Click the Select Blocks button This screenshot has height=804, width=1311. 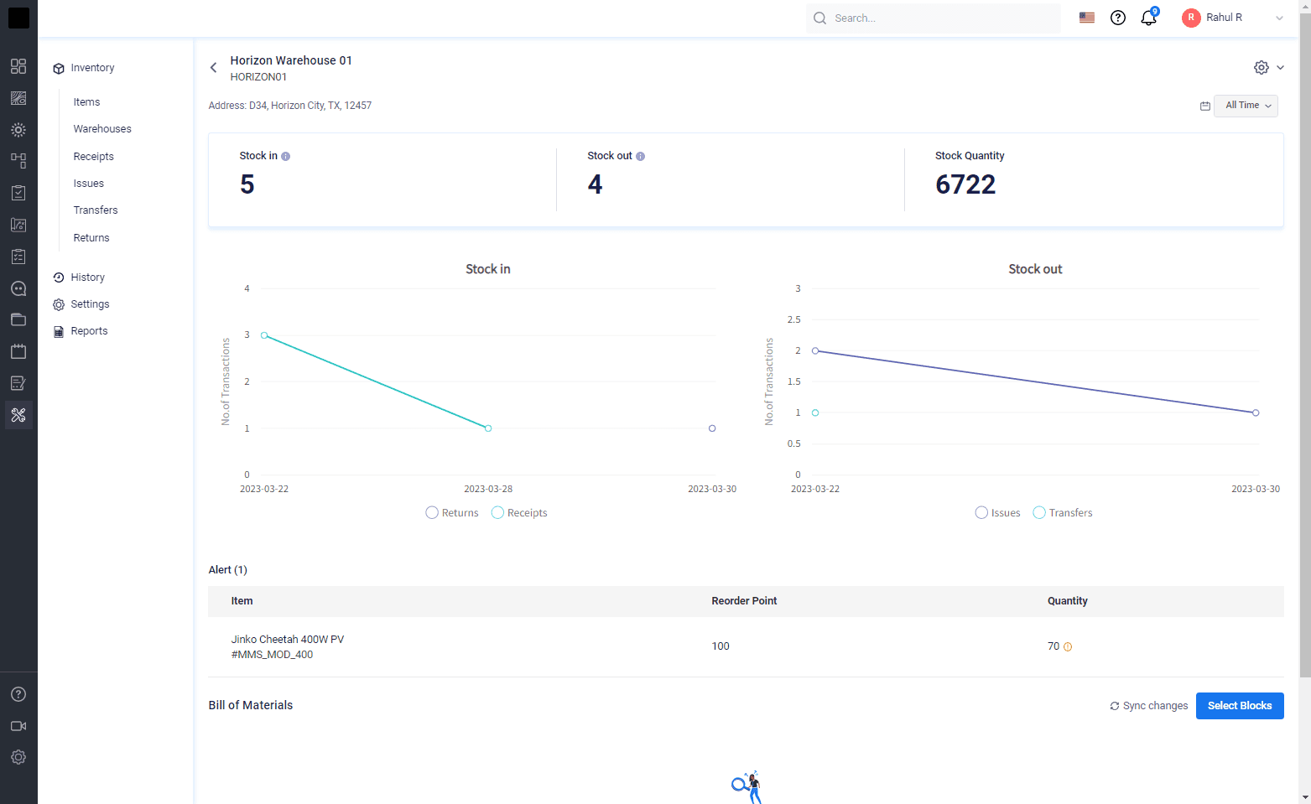pyautogui.click(x=1240, y=706)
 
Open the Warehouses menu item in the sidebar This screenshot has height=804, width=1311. pyautogui.click(x=102, y=129)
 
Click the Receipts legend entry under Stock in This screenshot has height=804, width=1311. pyautogui.click(x=520, y=512)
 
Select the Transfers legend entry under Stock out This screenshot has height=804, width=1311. pyautogui.click(x=1063, y=512)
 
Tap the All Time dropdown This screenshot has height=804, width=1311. pyautogui.click(x=1246, y=106)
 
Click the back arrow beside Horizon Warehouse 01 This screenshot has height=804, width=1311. pyautogui.click(x=214, y=68)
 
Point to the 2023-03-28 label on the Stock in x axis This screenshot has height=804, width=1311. pyautogui.click(x=488, y=489)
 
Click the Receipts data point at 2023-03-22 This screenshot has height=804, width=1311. pyautogui.click(x=264, y=335)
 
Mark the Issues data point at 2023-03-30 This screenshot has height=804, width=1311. pyautogui.click(x=1256, y=412)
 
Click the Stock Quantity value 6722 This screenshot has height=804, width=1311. pyautogui.click(x=965, y=184)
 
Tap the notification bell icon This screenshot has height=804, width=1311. pyautogui.click(x=1149, y=18)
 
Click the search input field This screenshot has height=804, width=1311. pyautogui.click(x=934, y=18)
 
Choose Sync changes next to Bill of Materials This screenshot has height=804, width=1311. pyautogui.click(x=1149, y=706)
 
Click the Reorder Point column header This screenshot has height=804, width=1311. pyautogui.click(x=744, y=601)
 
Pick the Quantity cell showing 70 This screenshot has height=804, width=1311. pyautogui.click(x=1053, y=646)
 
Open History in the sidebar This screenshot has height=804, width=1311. pyautogui.click(x=88, y=278)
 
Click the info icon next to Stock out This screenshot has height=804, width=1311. pyautogui.click(x=640, y=156)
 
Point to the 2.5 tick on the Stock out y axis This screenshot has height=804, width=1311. pyautogui.click(x=793, y=319)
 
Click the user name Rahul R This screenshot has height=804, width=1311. pyautogui.click(x=1224, y=18)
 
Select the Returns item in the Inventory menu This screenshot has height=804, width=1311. pyautogui.click(x=91, y=237)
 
